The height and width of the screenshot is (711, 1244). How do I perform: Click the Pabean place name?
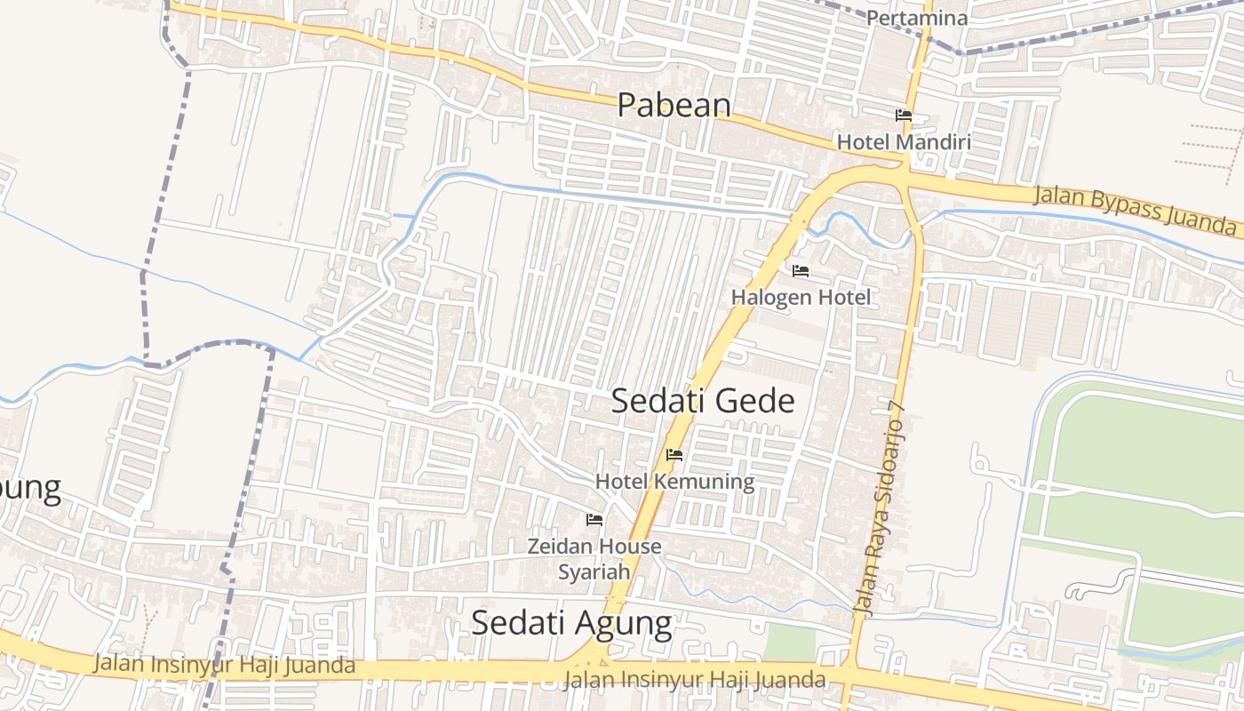[674, 105]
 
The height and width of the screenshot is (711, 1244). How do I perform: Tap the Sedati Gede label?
[702, 401]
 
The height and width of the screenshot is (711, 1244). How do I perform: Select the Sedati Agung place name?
[571, 623]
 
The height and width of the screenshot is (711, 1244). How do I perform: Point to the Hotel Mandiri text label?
[904, 142]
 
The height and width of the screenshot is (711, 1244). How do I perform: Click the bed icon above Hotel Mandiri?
[904, 116]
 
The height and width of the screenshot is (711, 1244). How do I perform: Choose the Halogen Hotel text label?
[801, 298]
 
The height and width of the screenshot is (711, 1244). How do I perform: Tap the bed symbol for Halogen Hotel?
[801, 271]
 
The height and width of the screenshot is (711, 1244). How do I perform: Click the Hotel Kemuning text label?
[674, 482]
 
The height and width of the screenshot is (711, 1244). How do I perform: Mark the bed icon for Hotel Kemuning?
[674, 455]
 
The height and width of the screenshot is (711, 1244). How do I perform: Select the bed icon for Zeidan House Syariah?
[594, 520]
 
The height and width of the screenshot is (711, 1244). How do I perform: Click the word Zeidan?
[560, 546]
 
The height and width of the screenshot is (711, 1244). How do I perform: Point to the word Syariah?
[594, 571]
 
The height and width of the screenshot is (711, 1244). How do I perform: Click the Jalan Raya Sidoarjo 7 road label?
[879, 509]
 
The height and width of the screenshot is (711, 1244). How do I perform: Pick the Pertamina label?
[916, 18]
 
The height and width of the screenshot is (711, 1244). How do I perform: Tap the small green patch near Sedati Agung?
[788, 642]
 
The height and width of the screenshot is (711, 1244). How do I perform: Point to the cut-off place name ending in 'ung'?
[30, 489]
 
